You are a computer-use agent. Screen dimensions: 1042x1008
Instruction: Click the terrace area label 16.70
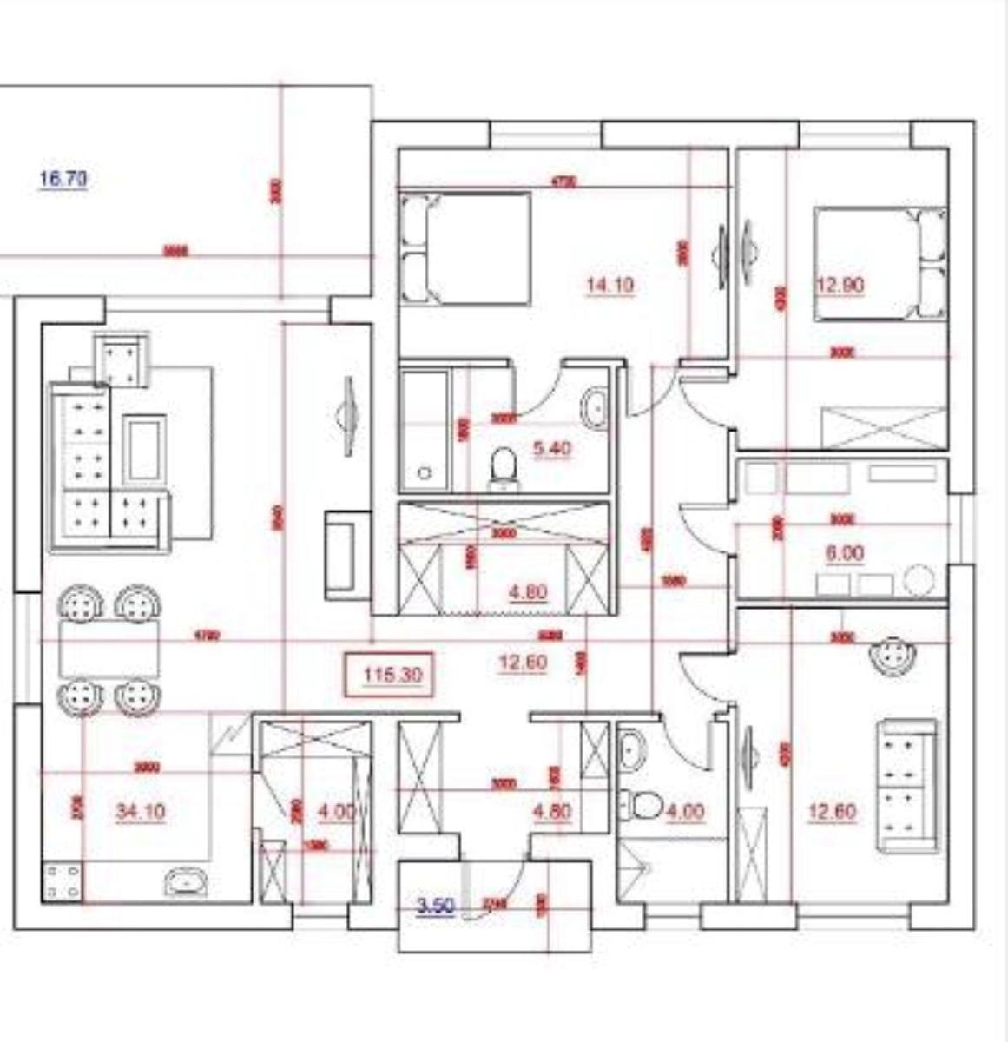(63, 180)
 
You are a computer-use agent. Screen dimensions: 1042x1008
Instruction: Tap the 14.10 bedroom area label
(609, 285)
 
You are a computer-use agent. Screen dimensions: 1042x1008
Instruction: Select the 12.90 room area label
(840, 285)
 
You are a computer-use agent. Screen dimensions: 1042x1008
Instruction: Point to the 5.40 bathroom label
(551, 449)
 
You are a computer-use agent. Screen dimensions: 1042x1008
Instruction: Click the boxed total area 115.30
(392, 675)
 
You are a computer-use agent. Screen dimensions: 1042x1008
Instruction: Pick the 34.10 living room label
(140, 812)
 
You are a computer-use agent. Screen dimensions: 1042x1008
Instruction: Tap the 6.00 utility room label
(846, 553)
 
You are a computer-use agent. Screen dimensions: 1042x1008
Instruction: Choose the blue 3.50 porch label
(436, 907)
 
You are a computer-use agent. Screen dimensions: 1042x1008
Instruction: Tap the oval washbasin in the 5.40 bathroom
(596, 408)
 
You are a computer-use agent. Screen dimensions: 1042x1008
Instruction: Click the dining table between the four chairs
(109, 649)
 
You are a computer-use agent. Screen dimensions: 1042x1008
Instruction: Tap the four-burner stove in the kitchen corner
(63, 880)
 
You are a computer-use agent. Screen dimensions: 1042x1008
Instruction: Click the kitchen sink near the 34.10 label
(187, 882)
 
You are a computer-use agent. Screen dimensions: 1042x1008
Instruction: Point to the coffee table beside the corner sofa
(145, 449)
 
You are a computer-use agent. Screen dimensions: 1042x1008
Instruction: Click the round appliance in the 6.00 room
(919, 581)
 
